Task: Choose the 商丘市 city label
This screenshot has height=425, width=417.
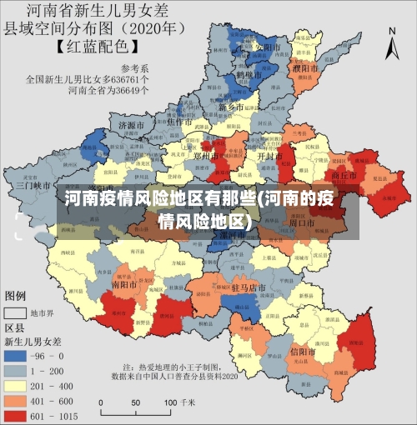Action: [x=344, y=176]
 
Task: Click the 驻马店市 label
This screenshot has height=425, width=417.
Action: [x=248, y=287]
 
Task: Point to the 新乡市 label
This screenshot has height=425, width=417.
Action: [x=231, y=107]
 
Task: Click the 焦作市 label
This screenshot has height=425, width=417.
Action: [x=180, y=122]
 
